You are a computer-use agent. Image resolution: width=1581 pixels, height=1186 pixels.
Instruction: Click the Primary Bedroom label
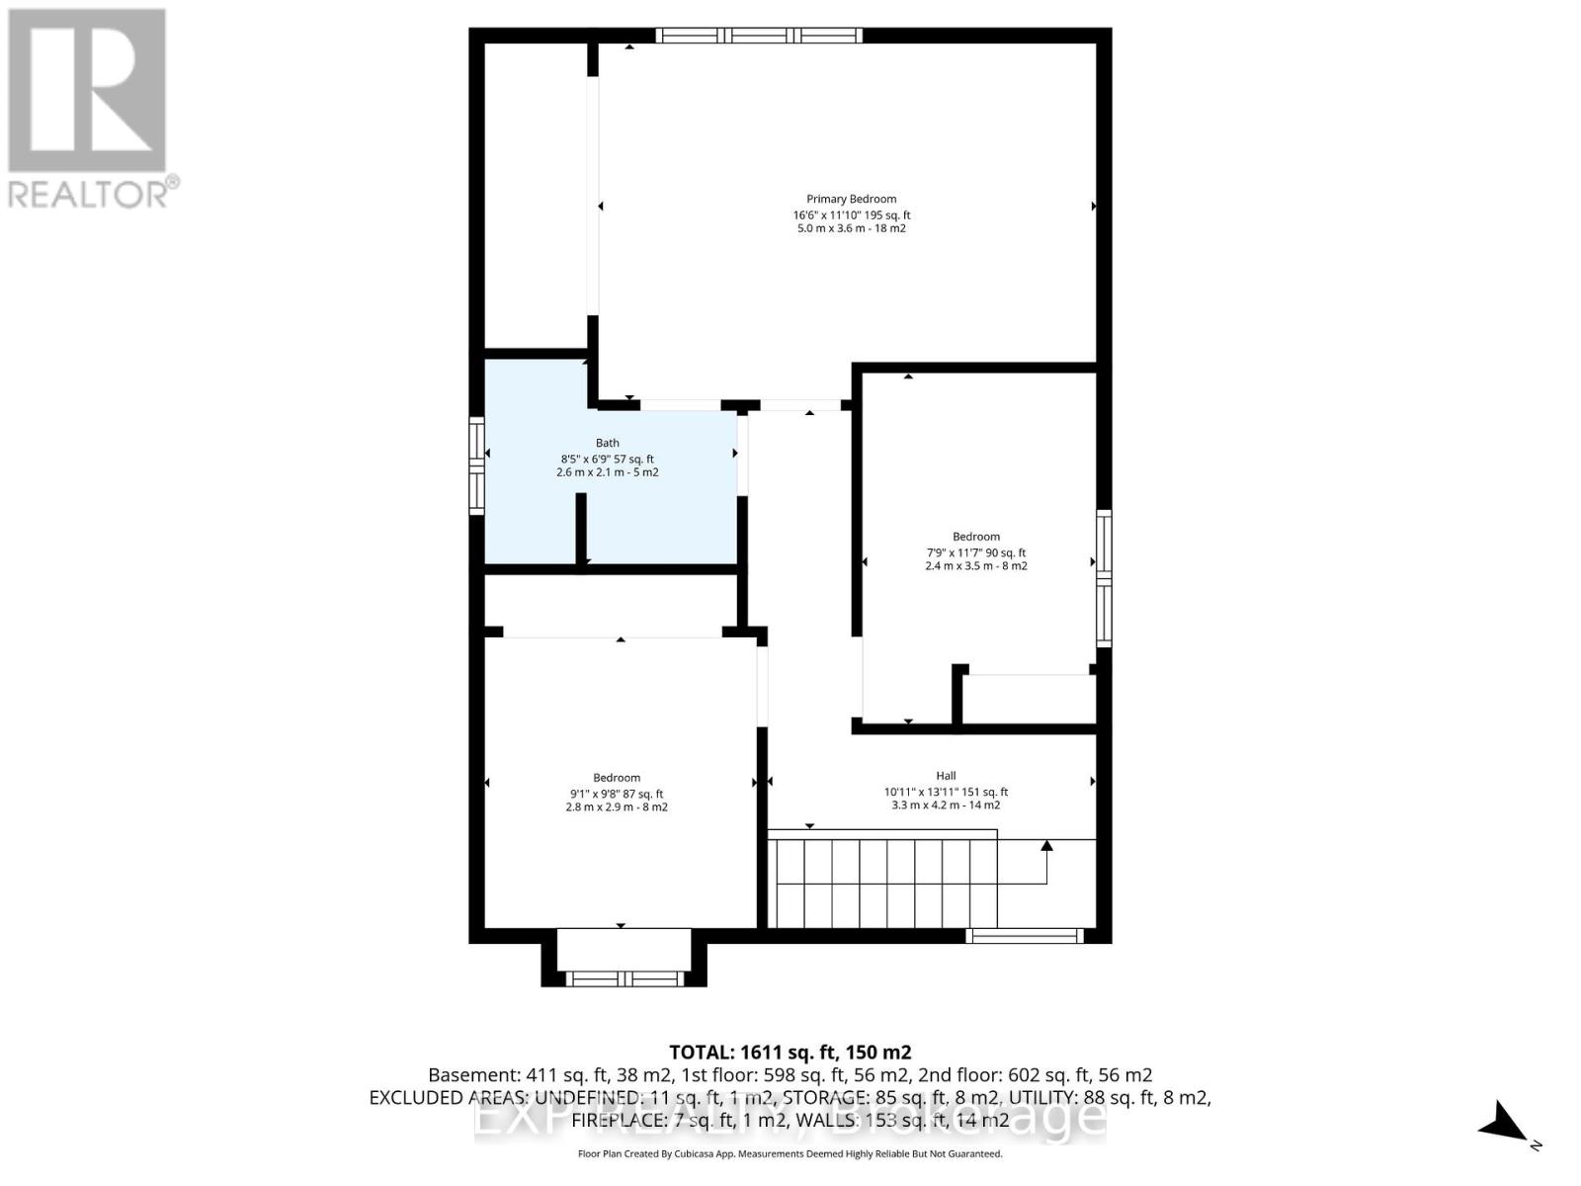tap(851, 200)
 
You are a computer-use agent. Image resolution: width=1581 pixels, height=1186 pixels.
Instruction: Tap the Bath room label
tap(607, 444)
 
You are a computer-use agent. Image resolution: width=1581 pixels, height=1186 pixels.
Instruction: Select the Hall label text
tap(946, 776)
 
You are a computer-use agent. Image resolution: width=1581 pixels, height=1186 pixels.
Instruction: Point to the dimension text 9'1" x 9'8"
tap(594, 794)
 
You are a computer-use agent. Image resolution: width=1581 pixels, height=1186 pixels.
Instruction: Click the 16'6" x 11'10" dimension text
tap(826, 215)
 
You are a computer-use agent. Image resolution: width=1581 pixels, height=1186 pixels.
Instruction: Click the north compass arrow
tap(1505, 1123)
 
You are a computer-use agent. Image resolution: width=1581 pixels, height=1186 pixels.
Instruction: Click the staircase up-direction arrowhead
tap(1046, 845)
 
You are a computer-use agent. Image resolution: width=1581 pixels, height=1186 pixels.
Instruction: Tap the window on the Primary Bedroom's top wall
tap(759, 36)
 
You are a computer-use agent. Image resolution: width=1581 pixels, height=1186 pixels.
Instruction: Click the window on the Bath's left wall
tap(476, 466)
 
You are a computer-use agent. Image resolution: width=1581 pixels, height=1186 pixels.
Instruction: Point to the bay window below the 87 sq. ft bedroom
tap(624, 978)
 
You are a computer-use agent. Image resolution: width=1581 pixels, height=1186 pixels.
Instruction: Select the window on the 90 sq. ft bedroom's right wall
tap(1104, 578)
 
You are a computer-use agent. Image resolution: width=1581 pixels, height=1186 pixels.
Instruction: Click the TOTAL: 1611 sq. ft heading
tap(790, 1053)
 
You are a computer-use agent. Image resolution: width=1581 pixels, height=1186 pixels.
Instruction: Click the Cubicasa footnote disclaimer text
tap(790, 1154)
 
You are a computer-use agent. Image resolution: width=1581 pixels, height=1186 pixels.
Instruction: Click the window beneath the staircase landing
tap(1024, 936)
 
